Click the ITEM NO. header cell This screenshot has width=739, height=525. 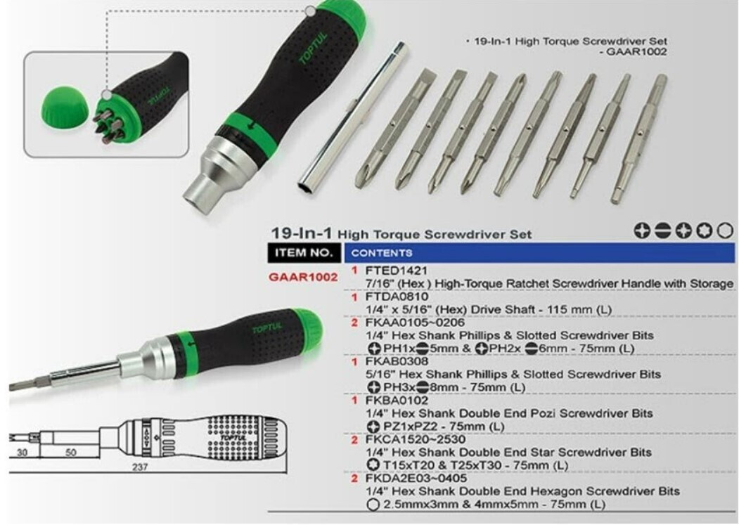[304, 252]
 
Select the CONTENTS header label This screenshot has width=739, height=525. [382, 253]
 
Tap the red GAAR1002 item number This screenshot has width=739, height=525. [303, 277]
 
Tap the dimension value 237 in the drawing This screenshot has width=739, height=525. [139, 467]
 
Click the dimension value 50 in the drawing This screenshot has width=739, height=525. [71, 453]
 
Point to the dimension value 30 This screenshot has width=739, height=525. [23, 453]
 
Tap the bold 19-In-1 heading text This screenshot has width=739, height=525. [302, 233]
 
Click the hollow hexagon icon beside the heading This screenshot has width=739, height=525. [726, 231]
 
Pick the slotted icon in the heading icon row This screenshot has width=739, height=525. [663, 231]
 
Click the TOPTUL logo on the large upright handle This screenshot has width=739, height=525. [312, 48]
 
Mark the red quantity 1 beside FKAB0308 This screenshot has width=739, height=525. [354, 361]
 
